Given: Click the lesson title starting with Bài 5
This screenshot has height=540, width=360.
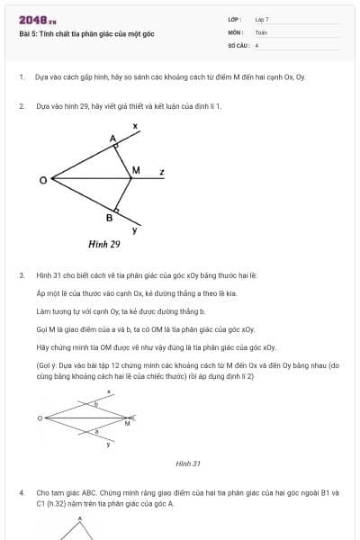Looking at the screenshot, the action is pos(86,34).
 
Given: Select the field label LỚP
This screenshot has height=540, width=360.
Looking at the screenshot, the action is pos(235,19).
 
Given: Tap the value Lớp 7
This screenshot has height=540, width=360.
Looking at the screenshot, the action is pos(262,19).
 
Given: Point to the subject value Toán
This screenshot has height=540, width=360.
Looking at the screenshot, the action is pos(261,31).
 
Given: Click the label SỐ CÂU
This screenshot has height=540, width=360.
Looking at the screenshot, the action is pos(237,44).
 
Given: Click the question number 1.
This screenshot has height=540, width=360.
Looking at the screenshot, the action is pos(21,77).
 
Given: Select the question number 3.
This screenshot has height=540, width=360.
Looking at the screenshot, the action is pos(21,275).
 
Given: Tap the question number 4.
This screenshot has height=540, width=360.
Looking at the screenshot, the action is pos(21,493).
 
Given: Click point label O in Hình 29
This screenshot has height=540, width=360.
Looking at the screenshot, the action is pos(42,181).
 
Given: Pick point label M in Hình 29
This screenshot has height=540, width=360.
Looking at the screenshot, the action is pos(136,170).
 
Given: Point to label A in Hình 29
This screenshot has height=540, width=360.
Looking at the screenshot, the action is pos(112,139).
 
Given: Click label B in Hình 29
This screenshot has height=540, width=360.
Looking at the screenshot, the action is pos(109,218).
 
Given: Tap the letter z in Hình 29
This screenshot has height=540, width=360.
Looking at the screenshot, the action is pos(161,171).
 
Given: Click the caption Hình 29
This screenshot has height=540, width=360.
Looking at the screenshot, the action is pos(103,244).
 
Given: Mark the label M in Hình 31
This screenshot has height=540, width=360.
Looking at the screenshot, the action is pos(127,423).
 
